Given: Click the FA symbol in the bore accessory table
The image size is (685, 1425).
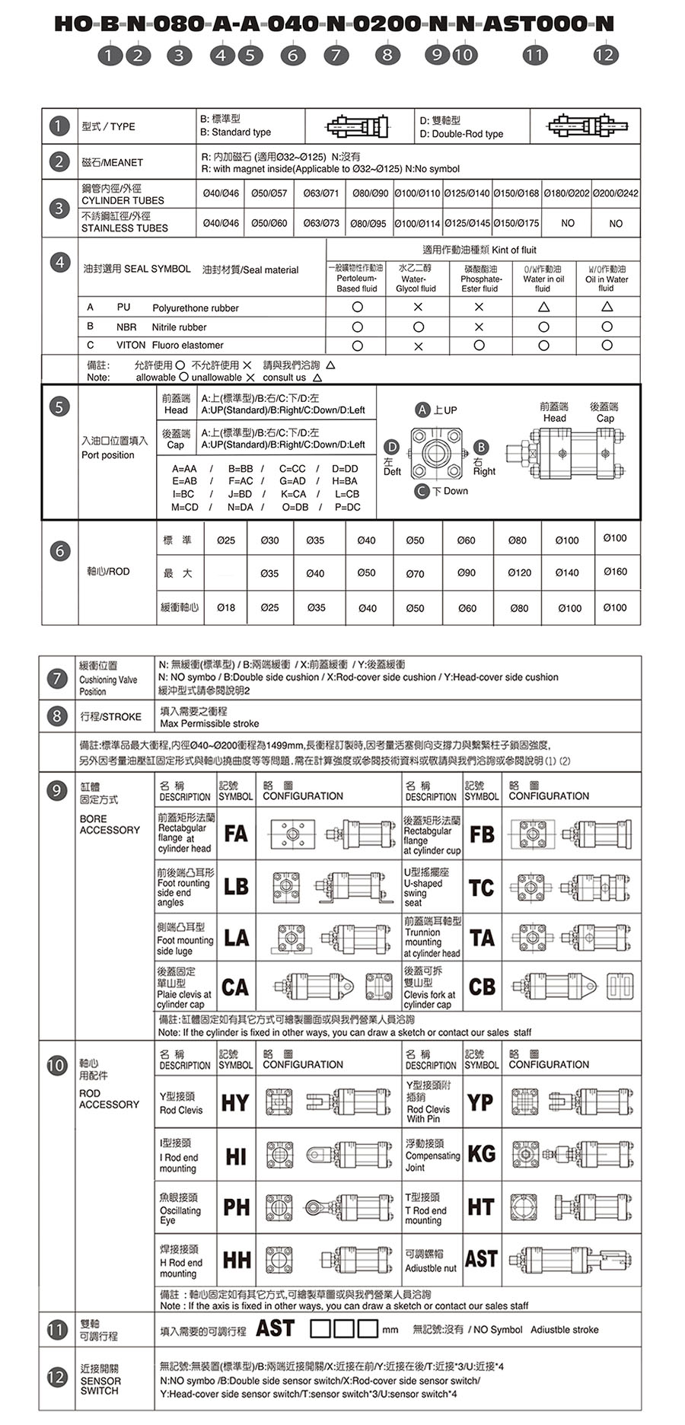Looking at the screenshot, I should pyautogui.click(x=236, y=834).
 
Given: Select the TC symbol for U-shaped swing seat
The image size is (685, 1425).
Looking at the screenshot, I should pyautogui.click(x=481, y=888).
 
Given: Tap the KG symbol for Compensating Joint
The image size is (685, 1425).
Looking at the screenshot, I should pyautogui.click(x=481, y=1154).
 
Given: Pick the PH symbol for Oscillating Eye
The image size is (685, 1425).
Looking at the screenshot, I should pyautogui.click(x=236, y=1207).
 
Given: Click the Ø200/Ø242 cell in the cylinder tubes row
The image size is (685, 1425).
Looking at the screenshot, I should pyautogui.click(x=616, y=193).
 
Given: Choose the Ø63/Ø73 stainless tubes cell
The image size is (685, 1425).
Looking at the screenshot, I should pyautogui.click(x=321, y=223).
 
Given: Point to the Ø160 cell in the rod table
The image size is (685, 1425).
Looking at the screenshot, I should pyautogui.click(x=615, y=572).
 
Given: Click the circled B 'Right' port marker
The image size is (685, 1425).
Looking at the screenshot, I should pyautogui.click(x=481, y=447).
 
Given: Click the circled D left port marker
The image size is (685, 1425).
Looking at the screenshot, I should pyautogui.click(x=391, y=447).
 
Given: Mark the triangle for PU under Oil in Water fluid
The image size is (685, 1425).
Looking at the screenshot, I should pyautogui.click(x=607, y=307).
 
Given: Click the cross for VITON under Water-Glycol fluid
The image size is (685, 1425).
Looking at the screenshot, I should pyautogui.click(x=418, y=346).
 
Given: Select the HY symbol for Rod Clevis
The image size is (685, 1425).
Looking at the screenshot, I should pyautogui.click(x=235, y=1102).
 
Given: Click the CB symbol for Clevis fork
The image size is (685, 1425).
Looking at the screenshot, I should pyautogui.click(x=482, y=987).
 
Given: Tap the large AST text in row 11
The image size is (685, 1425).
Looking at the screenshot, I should pyautogui.click(x=275, y=1328).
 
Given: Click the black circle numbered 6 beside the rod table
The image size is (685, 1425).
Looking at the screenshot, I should pyautogui.click(x=60, y=551).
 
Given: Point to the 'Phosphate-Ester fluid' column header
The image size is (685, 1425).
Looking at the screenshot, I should pyautogui.click(x=480, y=279).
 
